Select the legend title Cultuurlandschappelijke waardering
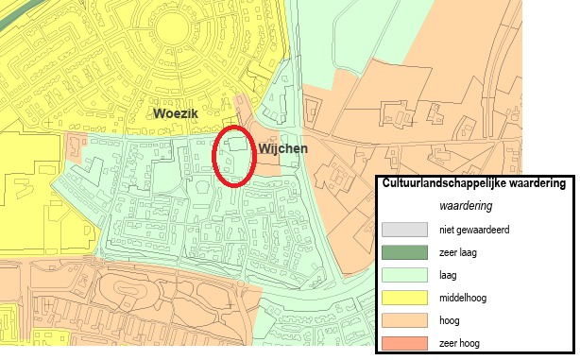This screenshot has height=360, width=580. coord(473,184)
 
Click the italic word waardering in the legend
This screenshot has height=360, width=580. coord(465,205)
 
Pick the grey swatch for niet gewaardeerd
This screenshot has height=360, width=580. coord(404,230)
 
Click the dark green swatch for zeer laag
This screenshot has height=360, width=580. coord(404,252)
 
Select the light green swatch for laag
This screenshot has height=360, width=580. coord(404,275)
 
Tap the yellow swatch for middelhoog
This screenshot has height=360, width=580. coord(404,298)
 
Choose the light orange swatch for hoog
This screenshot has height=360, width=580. coord(404,320)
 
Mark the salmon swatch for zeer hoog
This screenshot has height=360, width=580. coord(404,343)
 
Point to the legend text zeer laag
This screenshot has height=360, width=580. coord(457,252)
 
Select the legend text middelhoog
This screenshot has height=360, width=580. coord(463,298)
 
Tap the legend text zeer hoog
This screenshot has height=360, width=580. coord(459,343)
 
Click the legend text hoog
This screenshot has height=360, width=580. coord(450,320)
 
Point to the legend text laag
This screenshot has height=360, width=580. coord(449,275)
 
